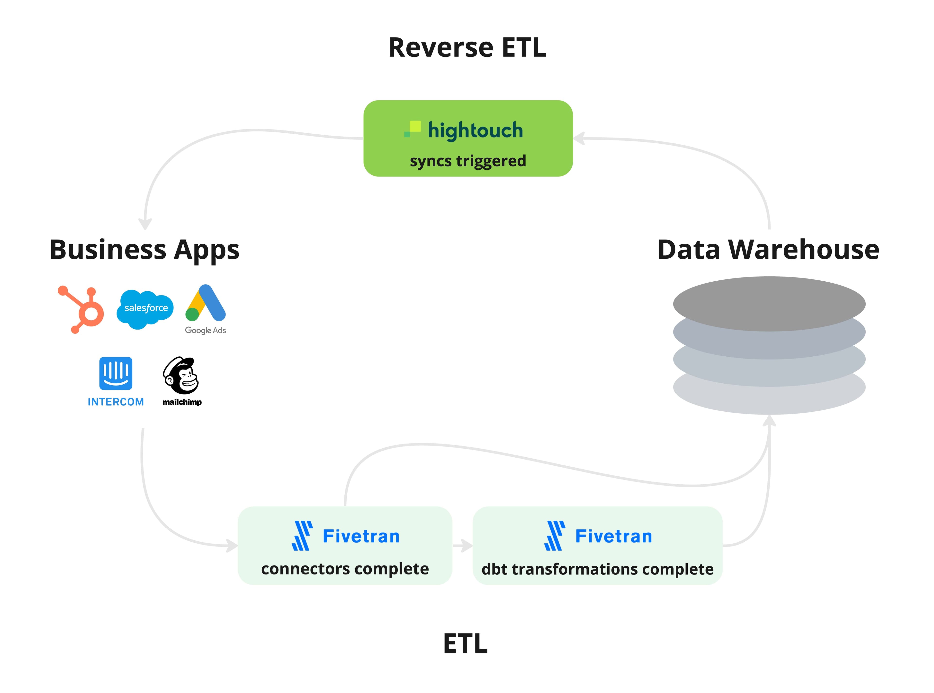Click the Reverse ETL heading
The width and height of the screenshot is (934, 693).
[467, 47]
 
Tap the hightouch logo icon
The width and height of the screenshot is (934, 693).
[413, 129]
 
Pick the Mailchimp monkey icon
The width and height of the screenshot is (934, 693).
[181, 375]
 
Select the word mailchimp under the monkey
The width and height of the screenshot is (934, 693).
[182, 402]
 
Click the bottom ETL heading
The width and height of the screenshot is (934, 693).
[465, 644]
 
